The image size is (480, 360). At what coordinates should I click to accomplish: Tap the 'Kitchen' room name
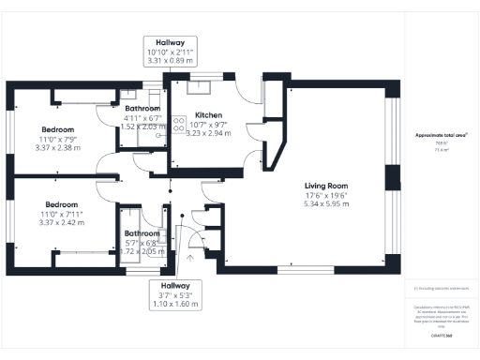(x=208, y=113)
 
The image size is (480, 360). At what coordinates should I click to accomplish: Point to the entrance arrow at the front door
(x=191, y=252)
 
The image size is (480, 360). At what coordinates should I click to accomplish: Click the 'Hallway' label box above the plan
(x=170, y=51)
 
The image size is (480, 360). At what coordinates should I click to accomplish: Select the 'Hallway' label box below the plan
(x=174, y=294)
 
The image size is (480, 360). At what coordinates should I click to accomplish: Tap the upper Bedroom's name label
(x=58, y=128)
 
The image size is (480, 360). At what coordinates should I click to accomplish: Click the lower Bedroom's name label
(x=59, y=204)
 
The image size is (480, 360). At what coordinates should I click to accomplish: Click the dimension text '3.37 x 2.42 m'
(x=59, y=223)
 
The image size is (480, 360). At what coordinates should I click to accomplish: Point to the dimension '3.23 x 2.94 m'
(x=209, y=133)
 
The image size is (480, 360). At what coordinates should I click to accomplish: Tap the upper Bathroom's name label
(x=142, y=109)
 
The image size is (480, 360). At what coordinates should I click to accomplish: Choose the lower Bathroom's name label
(x=143, y=232)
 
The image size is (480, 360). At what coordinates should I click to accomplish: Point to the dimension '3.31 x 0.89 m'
(x=170, y=60)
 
